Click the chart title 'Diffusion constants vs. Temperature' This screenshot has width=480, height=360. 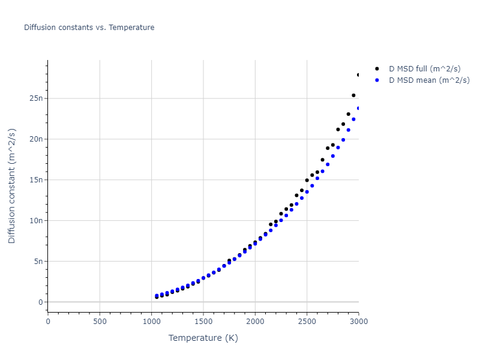[89, 28]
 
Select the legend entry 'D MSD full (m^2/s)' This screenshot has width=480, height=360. [429, 69]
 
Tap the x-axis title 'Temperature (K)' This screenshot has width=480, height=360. [203, 338]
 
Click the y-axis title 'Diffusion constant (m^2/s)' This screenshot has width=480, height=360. [12, 186]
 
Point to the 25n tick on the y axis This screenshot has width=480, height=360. [35, 98]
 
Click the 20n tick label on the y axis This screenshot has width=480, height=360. [35, 139]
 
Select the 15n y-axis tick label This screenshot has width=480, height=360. [35, 180]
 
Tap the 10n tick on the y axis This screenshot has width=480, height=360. [35, 221]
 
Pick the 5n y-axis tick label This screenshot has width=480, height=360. [37, 262]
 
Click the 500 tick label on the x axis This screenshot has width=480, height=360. [100, 322]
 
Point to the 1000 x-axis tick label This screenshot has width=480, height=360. [151, 322]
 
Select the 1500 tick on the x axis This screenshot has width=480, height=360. [203, 322]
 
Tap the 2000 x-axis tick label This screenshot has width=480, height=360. [255, 322]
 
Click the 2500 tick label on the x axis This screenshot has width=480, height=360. [307, 322]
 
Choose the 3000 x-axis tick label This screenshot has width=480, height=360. [359, 322]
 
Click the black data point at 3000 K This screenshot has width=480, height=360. [359, 75]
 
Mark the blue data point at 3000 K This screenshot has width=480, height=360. [359, 108]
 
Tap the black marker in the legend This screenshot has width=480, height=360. [377, 69]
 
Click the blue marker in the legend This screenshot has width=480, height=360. [377, 80]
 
